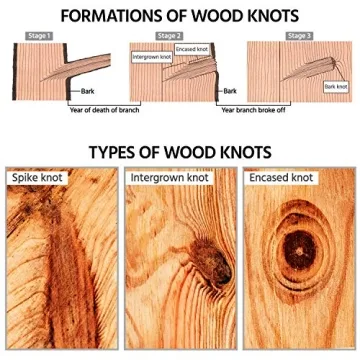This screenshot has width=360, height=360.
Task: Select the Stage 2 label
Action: [168, 35]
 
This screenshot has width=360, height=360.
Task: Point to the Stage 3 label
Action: [298, 35]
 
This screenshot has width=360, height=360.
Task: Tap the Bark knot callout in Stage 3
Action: [337, 87]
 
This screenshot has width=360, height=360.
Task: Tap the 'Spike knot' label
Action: [37, 177]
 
